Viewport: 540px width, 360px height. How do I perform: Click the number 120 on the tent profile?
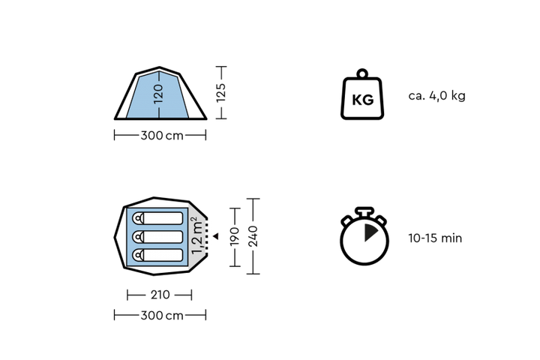(157, 94)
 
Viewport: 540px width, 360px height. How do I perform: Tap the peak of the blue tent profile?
(157, 72)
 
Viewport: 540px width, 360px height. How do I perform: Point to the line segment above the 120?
(157, 77)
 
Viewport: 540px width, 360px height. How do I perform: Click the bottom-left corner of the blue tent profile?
(127, 116)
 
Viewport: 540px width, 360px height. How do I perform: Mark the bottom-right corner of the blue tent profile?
(187, 116)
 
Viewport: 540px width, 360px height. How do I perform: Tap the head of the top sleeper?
(139, 218)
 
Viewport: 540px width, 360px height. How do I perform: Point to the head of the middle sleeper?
(139, 237)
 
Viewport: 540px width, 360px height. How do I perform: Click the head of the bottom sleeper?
(139, 256)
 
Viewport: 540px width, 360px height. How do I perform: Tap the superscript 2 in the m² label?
(193, 220)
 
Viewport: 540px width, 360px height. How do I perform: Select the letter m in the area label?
(197, 227)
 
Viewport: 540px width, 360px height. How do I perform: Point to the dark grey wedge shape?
(369, 233)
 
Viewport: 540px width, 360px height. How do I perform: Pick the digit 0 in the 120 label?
(157, 88)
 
